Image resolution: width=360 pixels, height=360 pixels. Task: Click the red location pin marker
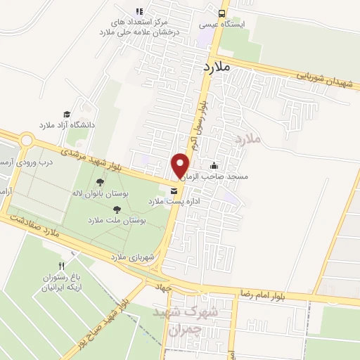pos(181,166)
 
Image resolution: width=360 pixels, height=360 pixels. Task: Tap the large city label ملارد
pos(216,67)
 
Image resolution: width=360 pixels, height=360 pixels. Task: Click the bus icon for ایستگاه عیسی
pos(222,13)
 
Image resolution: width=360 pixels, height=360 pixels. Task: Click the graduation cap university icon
pos(67,114)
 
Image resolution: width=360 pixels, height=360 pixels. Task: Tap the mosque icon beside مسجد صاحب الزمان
pos(233,166)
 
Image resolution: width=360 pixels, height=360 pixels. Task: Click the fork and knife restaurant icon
pos(61,265)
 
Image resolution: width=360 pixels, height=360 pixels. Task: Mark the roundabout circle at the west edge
pos(27,140)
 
